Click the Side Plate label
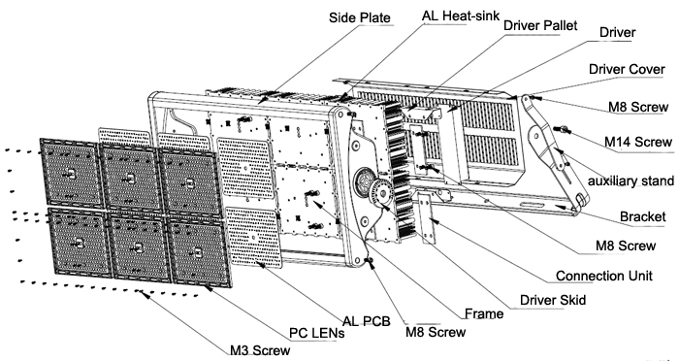[x=360, y=17]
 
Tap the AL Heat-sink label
[x=461, y=16]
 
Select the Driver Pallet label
[x=540, y=25]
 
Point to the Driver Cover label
[x=627, y=69]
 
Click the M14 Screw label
[x=638, y=142]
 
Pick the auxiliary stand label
[x=630, y=180]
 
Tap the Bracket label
[x=642, y=216]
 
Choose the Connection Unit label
[x=604, y=276]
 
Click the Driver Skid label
[x=553, y=300]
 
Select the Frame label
[x=484, y=313]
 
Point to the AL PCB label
[x=367, y=321]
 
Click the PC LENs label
[x=317, y=333]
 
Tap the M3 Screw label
[x=260, y=350]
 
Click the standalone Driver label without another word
[x=618, y=32]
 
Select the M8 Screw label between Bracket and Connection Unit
[x=626, y=246]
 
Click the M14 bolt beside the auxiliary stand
[x=562, y=129]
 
